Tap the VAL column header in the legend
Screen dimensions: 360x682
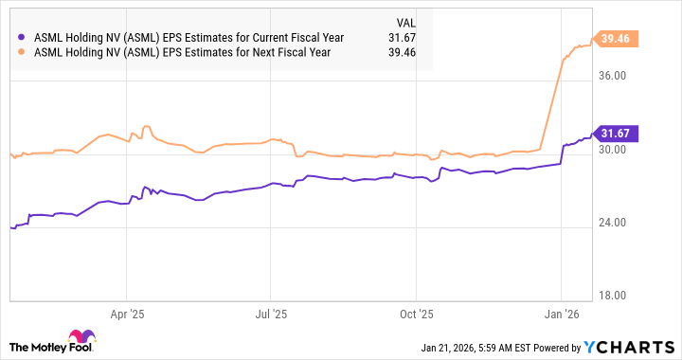pyautogui.click(x=404, y=21)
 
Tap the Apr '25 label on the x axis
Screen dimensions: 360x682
pyautogui.click(x=127, y=312)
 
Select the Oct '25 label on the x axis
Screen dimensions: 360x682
pyautogui.click(x=417, y=312)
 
